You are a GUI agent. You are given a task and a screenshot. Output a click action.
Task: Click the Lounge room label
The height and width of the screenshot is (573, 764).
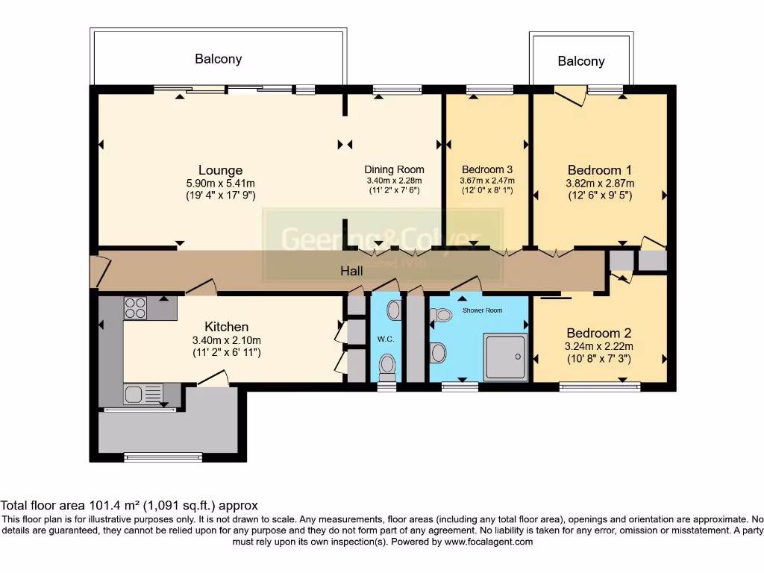click(220, 170)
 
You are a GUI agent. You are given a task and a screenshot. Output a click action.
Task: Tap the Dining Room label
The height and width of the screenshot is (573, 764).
click(394, 169)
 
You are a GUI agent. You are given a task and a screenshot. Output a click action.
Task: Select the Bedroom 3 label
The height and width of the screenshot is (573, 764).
click(487, 169)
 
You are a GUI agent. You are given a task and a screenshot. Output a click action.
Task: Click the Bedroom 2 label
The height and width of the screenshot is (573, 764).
click(599, 333)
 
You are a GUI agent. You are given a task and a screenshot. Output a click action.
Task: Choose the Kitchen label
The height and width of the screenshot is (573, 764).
click(226, 327)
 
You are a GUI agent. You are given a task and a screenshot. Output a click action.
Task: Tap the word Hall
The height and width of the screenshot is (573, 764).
click(351, 271)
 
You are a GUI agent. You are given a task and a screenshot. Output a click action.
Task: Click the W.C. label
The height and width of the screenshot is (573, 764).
click(385, 339)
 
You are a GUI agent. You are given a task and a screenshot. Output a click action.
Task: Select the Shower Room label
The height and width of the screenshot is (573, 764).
click(482, 310)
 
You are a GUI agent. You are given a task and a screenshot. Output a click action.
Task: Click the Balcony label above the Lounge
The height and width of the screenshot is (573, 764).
click(218, 59)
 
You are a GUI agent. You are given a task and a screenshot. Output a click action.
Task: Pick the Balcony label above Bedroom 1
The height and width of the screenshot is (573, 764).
click(580, 61)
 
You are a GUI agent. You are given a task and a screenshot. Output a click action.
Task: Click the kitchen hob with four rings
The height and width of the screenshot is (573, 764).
click(135, 307)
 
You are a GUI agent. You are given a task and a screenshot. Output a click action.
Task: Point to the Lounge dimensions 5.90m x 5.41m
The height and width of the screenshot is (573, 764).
click(220, 184)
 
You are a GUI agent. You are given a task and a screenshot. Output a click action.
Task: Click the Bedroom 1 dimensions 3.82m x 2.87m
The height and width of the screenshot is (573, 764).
click(600, 184)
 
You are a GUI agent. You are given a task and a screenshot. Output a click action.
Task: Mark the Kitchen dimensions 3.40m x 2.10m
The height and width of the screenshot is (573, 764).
click(226, 341)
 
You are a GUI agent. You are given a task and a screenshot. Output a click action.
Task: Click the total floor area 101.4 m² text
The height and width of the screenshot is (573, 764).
click(130, 505)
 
